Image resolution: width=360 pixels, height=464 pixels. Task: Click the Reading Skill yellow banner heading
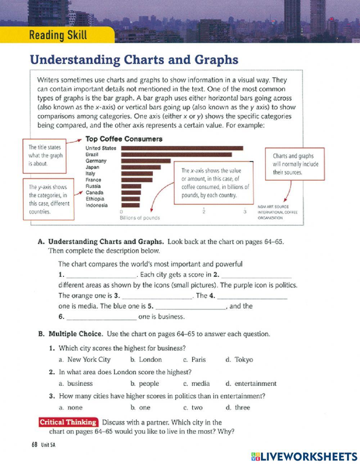[x=58, y=35]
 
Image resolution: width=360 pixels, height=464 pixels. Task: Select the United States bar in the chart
[x=182, y=148]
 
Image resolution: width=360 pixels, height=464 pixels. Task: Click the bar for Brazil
[x=176, y=154]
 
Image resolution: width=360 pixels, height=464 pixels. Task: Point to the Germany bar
[x=146, y=161]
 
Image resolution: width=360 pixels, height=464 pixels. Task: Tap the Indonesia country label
[x=96, y=205]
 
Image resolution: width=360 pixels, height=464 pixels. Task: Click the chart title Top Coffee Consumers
[x=124, y=139]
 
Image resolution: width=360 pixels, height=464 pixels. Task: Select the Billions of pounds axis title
[x=140, y=218]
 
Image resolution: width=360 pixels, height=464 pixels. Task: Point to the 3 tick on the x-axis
[x=245, y=212]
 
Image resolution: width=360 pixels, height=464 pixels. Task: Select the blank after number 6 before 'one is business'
[x=102, y=317]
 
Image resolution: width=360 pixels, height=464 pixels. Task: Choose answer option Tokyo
[x=244, y=360]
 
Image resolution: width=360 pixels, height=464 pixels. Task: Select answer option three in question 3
[x=242, y=408]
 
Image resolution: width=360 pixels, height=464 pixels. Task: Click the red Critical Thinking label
[x=68, y=422]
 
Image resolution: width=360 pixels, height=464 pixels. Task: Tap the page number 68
[x=35, y=445]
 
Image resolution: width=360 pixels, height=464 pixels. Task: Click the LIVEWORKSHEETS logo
[x=304, y=456]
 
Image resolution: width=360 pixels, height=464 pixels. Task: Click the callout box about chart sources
[x=295, y=164]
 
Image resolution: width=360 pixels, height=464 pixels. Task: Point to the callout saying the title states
[x=45, y=155]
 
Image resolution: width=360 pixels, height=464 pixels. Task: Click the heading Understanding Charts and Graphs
[x=134, y=60]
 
